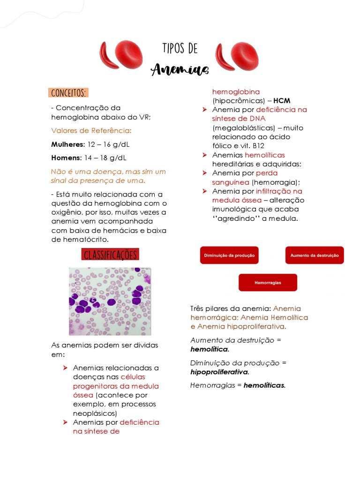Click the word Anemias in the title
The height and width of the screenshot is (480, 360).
[180, 69]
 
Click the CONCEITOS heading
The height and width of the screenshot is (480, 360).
[68, 92]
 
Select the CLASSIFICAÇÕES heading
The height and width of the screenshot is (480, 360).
[110, 255]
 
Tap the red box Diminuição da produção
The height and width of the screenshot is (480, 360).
[229, 255]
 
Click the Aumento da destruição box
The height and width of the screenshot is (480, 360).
[314, 255]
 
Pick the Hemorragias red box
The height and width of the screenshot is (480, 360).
[268, 283]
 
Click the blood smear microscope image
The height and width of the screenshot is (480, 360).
[110, 301]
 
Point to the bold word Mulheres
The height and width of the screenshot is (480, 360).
[67, 144]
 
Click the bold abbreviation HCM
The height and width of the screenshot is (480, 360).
[282, 101]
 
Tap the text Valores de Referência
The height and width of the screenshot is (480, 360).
[91, 130]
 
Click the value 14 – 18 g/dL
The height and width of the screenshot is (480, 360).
[107, 157]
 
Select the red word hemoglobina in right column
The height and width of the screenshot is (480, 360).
[236, 92]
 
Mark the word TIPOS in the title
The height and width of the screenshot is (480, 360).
[173, 49]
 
